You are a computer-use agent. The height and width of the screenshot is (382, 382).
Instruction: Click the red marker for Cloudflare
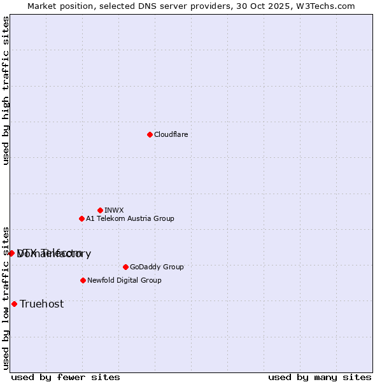tap(150, 134)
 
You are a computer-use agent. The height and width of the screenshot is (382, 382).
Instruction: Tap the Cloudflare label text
tap(171, 134)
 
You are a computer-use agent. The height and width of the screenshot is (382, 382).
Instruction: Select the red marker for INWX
tap(100, 210)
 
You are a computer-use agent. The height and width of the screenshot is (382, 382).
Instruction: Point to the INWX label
tap(114, 210)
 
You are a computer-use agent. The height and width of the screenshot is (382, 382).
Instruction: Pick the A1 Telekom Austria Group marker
tap(81, 218)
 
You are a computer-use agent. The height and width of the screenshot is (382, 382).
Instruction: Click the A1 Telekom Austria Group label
tap(130, 218)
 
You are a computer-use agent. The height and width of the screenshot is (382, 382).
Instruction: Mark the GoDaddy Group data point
tap(125, 267)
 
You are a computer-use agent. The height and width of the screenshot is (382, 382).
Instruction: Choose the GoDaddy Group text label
tap(157, 267)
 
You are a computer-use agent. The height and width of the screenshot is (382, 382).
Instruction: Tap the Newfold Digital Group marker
tap(83, 280)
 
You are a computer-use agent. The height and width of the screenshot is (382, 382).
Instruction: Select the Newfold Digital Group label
tap(124, 280)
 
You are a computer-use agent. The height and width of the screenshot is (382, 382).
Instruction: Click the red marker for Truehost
tap(14, 304)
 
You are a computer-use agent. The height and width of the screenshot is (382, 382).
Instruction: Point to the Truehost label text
tap(42, 304)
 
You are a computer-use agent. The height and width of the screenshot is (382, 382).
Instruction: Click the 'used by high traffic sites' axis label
tap(6, 90)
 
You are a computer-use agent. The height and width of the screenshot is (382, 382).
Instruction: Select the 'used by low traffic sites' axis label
tap(6, 297)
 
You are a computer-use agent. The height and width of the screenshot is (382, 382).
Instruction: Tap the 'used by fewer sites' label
tap(66, 377)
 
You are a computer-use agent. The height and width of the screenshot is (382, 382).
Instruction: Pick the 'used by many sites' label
tap(320, 377)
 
